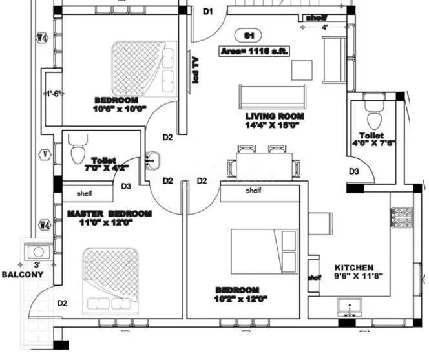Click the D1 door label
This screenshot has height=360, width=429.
(x=208, y=11)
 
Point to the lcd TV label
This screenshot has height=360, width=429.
(x=194, y=70)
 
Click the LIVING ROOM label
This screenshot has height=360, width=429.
(x=275, y=117)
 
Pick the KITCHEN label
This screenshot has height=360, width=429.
(x=353, y=268)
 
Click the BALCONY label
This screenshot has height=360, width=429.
(x=22, y=275)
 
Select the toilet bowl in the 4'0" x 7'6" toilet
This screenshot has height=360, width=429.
(x=373, y=117)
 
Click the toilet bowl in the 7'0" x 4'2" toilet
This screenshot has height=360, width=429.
(x=76, y=152)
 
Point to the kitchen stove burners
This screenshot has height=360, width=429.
(x=401, y=218)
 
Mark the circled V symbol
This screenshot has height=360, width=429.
(x=44, y=154)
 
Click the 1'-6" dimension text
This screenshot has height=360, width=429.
(x=52, y=94)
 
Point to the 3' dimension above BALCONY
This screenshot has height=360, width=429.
(x=37, y=265)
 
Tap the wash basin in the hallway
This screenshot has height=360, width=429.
(x=154, y=160)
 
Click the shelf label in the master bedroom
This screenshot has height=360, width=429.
(x=85, y=193)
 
